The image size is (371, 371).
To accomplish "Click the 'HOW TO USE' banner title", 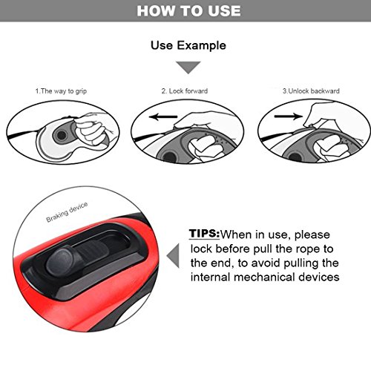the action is point(188,11).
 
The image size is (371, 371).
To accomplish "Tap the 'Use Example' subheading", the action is point(188,45).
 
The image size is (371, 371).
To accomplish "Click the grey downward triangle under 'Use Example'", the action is point(188,68).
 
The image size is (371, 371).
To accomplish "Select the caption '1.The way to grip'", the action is point(61,91).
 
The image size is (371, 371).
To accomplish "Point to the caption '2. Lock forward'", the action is point(185,91).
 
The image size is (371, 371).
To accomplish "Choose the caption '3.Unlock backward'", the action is point(311,91).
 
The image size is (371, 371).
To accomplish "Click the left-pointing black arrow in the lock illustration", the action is point(163,116).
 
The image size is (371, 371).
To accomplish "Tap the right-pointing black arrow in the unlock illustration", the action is point(289,116).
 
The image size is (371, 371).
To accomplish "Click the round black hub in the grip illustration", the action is point(61,135).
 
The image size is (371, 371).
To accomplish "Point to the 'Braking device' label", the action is point(67,212).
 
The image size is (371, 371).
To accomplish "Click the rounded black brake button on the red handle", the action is point(62,261).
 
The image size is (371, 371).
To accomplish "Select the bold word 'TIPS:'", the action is point(204,234).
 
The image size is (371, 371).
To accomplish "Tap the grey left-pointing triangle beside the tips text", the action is point(173,256).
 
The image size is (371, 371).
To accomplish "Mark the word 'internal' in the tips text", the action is point(211,277).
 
